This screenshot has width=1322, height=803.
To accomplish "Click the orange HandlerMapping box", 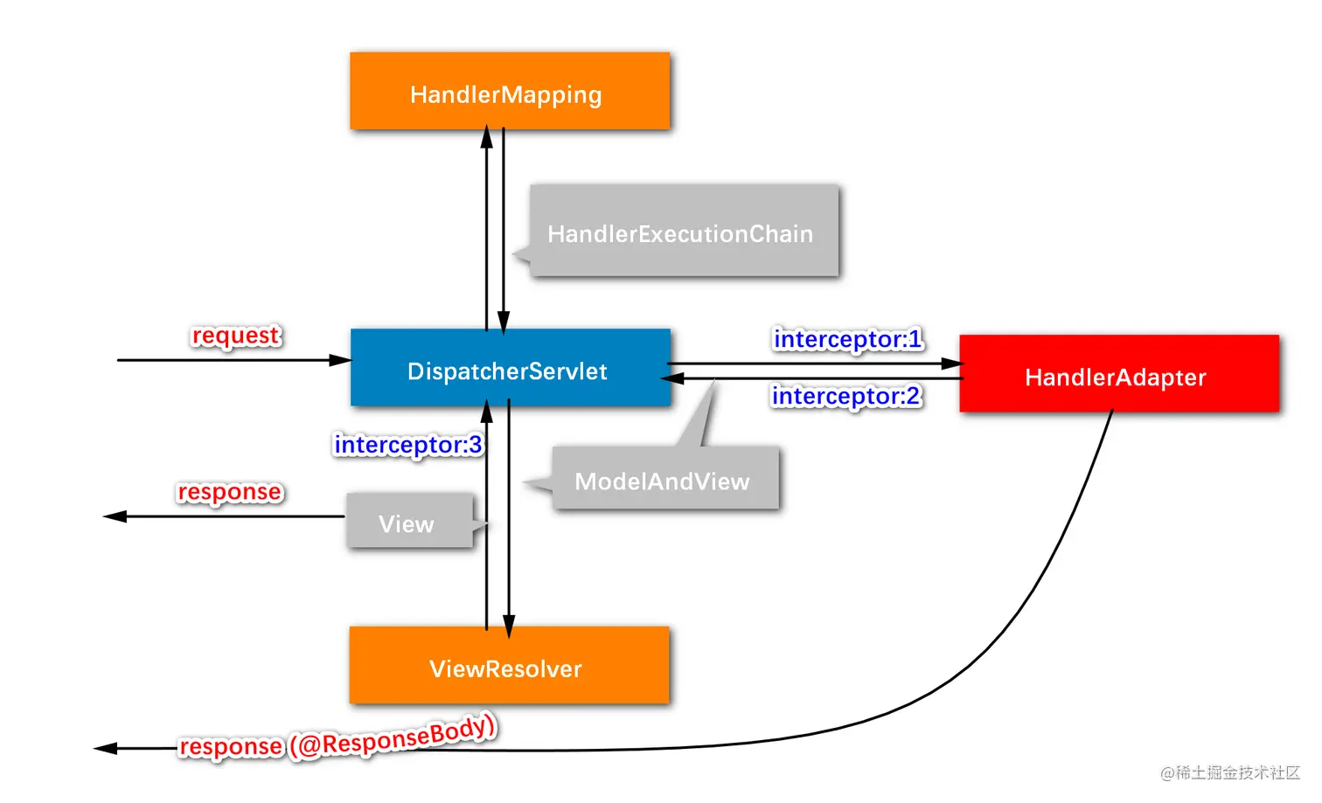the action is [510, 91].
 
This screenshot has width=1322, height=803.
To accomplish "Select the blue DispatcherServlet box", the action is [511, 367].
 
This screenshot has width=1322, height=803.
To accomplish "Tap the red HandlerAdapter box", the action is [1119, 373].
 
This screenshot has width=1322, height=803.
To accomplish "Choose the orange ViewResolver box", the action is [510, 665].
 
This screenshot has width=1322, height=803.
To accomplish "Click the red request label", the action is [236, 336].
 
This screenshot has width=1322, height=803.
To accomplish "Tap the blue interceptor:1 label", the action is [848, 339].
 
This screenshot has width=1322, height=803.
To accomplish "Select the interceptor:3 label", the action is [408, 445].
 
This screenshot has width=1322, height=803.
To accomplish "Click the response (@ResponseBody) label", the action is [337, 738].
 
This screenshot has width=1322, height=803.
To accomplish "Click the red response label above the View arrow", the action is [230, 492].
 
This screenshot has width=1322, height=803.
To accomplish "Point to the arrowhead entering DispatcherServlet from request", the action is [340, 360].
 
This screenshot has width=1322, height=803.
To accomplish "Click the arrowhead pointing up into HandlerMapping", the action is [486, 136].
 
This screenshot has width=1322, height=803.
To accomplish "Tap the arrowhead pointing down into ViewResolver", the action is [509, 626].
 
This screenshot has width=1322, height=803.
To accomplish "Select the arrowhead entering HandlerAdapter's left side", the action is [952, 363].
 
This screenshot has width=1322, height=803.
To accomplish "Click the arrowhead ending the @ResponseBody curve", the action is [106, 748].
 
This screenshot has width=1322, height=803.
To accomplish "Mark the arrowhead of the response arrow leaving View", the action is [115, 516].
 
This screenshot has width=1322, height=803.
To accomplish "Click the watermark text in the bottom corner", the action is [1230, 772].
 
